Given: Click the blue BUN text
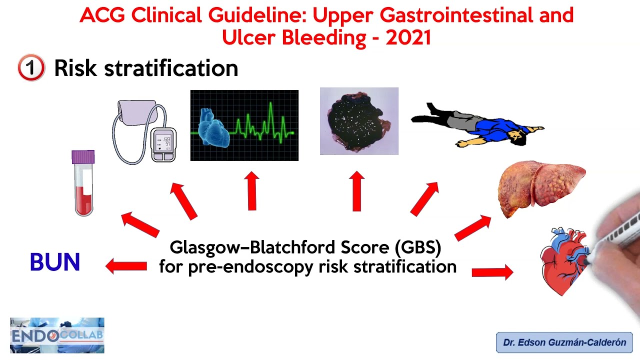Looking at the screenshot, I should [55, 262].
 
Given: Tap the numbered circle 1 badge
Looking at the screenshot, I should [31, 68].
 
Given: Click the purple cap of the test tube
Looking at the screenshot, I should [83, 156].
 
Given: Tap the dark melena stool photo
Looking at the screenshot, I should [359, 121].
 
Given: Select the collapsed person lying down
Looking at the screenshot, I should [477, 125].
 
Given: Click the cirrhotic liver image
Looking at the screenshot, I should [540, 187].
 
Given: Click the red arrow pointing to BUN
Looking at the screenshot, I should [126, 266].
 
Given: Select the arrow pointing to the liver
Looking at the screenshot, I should [472, 227].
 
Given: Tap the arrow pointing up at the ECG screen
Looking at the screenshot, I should [252, 191].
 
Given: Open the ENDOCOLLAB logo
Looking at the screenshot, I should [57, 335].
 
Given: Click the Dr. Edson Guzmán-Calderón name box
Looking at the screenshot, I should [564, 342].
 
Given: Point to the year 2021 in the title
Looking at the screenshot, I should [408, 37].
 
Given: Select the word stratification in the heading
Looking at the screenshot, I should [171, 68].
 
